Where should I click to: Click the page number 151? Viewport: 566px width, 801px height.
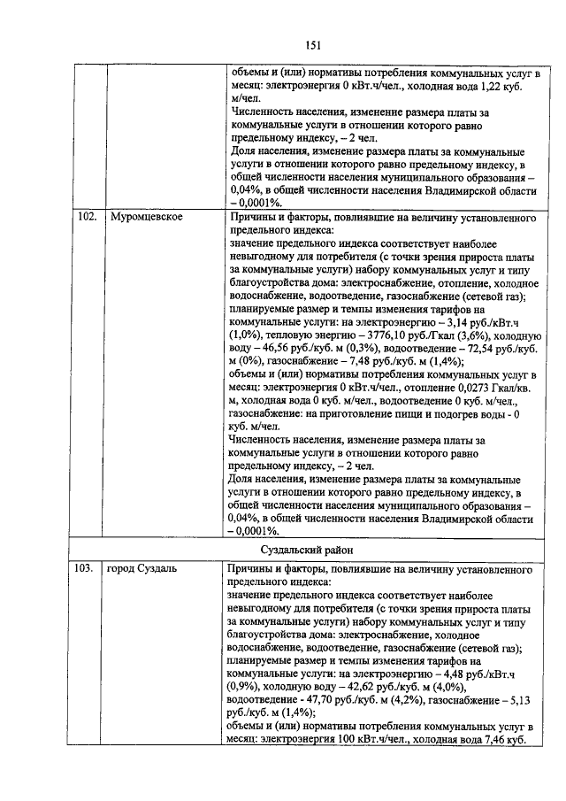[x=313, y=45]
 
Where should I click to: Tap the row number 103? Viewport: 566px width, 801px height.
[x=85, y=569]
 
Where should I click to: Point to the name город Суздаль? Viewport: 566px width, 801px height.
[x=141, y=569]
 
